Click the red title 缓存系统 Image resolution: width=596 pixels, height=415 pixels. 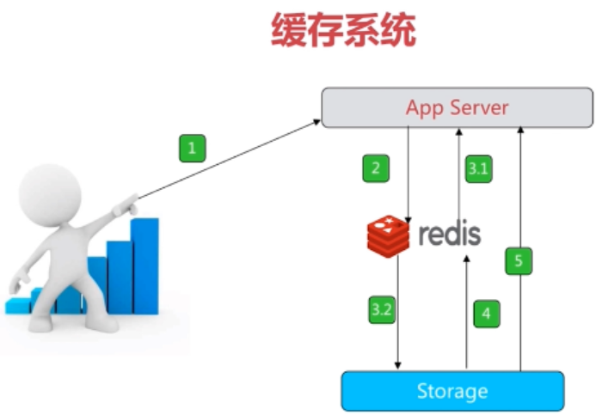click(x=343, y=32)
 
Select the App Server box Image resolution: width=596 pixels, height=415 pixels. click(x=456, y=108)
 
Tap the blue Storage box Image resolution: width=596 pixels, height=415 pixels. click(x=452, y=392)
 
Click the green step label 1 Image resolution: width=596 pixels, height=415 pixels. click(x=192, y=148)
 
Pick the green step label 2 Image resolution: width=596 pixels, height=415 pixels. click(x=375, y=168)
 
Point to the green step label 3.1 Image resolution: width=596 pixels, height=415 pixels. click(x=477, y=168)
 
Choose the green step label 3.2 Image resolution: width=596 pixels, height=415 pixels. click(x=382, y=310)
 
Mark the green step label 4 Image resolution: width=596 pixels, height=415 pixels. click(x=486, y=314)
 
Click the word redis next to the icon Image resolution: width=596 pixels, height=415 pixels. click(x=449, y=234)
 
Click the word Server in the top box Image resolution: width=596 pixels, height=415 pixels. click(x=483, y=108)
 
